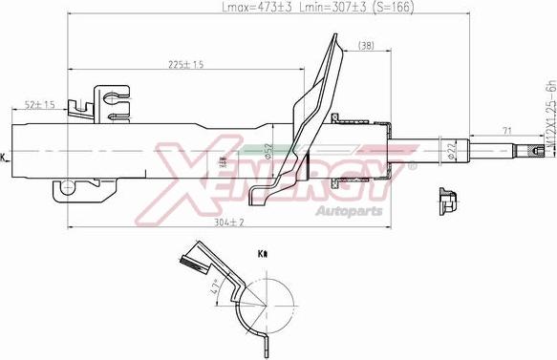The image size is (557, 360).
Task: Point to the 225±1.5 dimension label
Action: pyautogui.click(x=184, y=66)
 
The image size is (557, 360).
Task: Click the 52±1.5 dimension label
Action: pyautogui.click(x=39, y=104)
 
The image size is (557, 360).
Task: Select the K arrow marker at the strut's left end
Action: pyautogui.click(x=4, y=156)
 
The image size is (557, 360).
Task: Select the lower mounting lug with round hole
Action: pyautogui.click(x=67, y=189)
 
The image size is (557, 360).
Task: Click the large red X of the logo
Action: pyautogui.click(x=191, y=172)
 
